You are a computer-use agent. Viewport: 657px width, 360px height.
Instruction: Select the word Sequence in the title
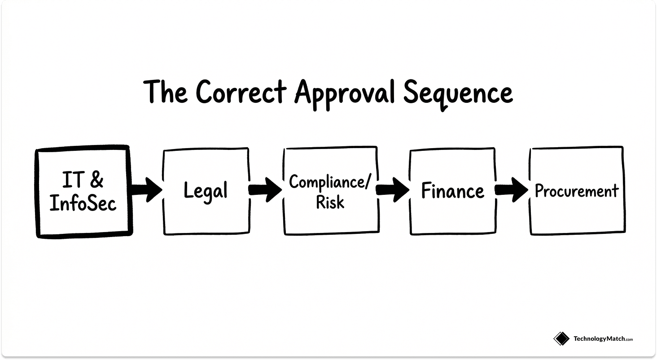(x=458, y=93)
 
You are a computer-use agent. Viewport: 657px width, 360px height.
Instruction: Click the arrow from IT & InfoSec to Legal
(x=147, y=190)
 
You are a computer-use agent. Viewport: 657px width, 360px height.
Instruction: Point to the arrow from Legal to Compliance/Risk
(x=266, y=190)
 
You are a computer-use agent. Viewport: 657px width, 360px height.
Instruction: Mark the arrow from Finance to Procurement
(x=512, y=190)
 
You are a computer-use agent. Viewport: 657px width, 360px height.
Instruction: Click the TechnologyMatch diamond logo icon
(x=561, y=338)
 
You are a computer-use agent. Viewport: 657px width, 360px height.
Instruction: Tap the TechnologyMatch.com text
(x=603, y=339)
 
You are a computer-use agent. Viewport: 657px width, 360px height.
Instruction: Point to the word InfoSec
(x=83, y=203)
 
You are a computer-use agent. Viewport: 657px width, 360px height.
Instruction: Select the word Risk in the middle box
(x=330, y=202)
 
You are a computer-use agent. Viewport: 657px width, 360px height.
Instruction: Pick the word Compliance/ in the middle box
(x=330, y=183)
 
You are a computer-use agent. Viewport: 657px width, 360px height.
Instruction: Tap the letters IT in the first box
(x=72, y=180)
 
